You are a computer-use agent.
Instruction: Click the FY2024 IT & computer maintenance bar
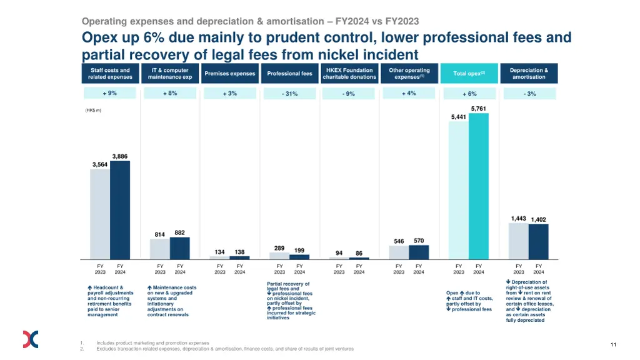[180, 248]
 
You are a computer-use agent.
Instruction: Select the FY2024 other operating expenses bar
[419, 252]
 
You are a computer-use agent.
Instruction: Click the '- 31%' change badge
[289, 94]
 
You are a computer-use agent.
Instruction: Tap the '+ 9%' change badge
[110, 93]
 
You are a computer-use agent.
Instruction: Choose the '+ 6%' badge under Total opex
[469, 94]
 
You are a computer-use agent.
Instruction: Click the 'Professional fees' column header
[289, 74]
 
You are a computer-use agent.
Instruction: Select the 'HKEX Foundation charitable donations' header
[349, 74]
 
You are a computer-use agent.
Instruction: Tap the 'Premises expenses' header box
[230, 74]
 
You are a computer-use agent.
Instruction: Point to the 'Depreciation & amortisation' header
[529, 74]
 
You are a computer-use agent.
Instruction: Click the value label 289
[279, 248]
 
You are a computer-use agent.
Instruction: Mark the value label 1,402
[538, 220]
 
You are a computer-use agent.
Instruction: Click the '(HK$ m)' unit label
[92, 111]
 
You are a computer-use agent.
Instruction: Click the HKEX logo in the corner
[31, 339]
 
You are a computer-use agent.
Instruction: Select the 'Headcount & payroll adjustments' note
[111, 301]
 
